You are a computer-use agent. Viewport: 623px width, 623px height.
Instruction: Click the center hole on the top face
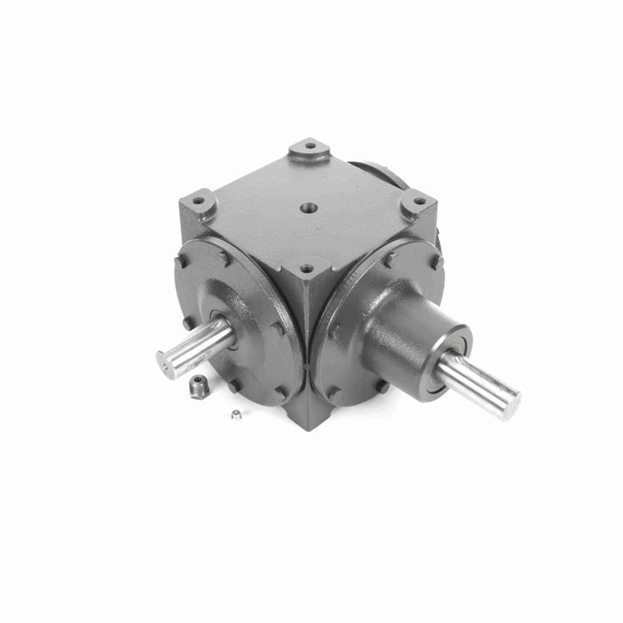coord(309,208)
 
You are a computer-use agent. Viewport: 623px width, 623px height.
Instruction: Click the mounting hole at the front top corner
coord(306,267)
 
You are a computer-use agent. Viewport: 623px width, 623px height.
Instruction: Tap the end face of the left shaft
coord(164,363)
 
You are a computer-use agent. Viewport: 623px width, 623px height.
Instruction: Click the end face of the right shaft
coord(510,405)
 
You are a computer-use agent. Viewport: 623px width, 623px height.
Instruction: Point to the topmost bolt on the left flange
coord(224,259)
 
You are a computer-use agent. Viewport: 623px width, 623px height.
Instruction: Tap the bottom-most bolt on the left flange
coord(233,384)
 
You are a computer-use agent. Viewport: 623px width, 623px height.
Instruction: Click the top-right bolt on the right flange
coord(434,262)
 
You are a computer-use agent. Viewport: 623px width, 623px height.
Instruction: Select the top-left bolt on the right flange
coord(389,259)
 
